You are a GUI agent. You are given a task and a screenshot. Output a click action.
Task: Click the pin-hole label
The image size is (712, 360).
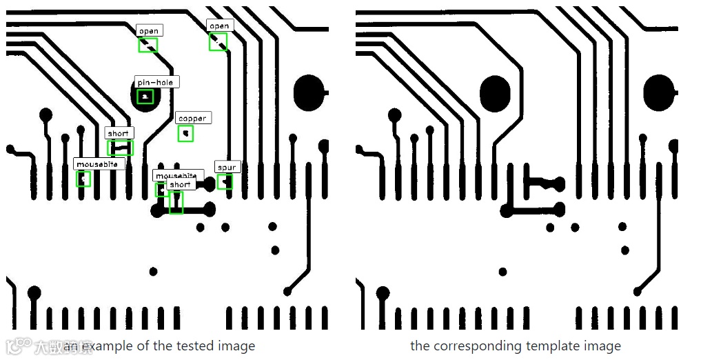pyautogui.click(x=156, y=82)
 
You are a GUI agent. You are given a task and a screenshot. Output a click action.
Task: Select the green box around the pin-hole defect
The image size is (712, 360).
pyautogui.click(x=145, y=97)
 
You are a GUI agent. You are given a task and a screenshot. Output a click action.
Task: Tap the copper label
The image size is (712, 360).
pyautogui.click(x=192, y=118)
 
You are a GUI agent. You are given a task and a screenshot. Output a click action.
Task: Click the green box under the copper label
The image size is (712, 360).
pyautogui.click(x=185, y=134)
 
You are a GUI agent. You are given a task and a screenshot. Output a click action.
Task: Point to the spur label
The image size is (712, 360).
pyautogui.click(x=226, y=167)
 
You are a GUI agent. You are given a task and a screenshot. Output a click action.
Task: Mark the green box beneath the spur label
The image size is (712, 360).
pyautogui.click(x=225, y=182)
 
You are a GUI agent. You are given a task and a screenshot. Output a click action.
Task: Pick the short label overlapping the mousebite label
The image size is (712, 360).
pyautogui.click(x=180, y=185)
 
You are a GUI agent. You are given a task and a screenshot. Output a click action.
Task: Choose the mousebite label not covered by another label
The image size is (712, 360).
pyautogui.click(x=99, y=164)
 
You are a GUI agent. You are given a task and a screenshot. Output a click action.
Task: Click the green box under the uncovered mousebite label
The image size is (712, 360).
pyautogui.click(x=83, y=179)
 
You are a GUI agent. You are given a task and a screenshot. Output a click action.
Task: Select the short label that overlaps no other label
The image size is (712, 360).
pyautogui.click(x=119, y=133)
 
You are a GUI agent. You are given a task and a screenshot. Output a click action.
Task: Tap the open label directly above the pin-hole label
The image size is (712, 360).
pyautogui.click(x=148, y=30)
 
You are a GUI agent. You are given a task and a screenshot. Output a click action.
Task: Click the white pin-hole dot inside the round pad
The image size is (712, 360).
pyautogui.click(x=145, y=97)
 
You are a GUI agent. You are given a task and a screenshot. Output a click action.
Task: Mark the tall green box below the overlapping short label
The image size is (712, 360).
pyautogui.click(x=176, y=203)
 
